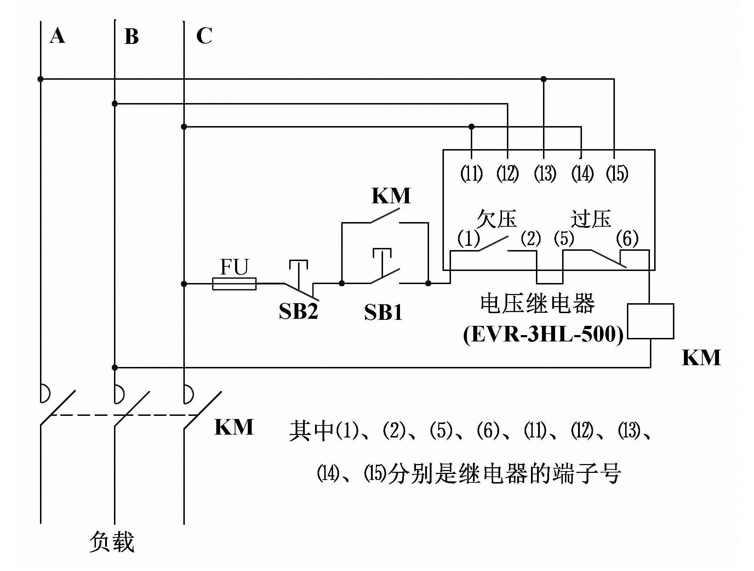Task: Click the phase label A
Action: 57,36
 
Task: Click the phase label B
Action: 131,36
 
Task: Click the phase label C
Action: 204,36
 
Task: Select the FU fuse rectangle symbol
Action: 234,284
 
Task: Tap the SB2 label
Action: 298,311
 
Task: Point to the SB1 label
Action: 383,313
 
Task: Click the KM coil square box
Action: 650,321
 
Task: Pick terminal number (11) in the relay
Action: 471,174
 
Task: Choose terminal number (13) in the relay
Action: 545,174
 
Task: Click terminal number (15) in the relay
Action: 617,174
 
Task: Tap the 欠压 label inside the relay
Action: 496,219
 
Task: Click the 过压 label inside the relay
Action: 591,219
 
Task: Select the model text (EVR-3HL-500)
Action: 543,334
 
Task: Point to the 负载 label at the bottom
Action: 112,542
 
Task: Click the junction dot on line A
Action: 40,79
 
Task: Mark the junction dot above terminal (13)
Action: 544,79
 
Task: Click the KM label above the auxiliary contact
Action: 391,196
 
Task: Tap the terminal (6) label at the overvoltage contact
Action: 627,238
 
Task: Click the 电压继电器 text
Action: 537,304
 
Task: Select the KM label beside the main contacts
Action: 234,427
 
